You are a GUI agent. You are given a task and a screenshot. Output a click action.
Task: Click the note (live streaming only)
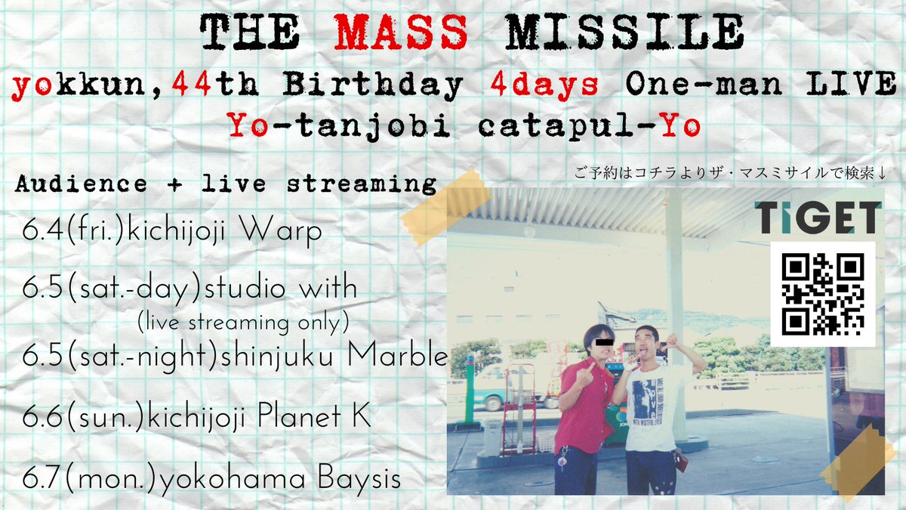point(243,323)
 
